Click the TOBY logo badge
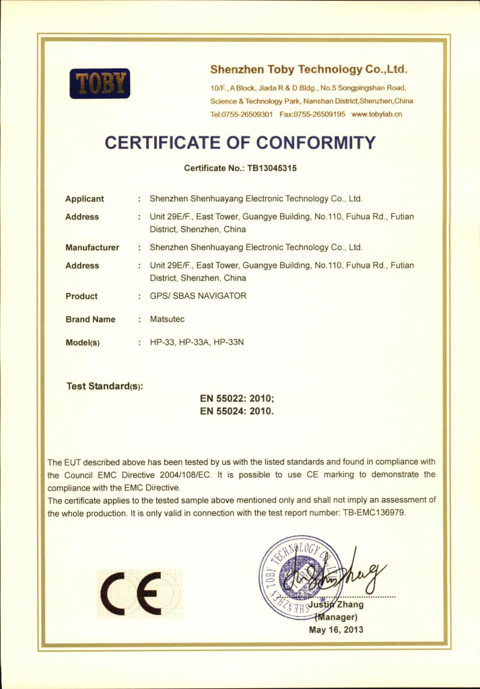pyautogui.click(x=100, y=83)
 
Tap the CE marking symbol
pyautogui.click(x=131, y=594)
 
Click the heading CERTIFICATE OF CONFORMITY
pyautogui.click(x=240, y=143)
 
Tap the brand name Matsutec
pyautogui.click(x=166, y=320)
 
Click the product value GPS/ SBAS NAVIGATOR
pyautogui.click(x=198, y=296)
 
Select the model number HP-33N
pyautogui.click(x=228, y=342)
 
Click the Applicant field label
pyautogui.click(x=85, y=199)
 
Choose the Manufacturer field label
pyautogui.click(x=92, y=248)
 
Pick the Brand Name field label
pyautogui.click(x=90, y=320)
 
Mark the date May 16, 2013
pyautogui.click(x=336, y=630)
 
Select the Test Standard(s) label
pyautogui.click(x=104, y=387)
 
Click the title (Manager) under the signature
pyautogui.click(x=336, y=617)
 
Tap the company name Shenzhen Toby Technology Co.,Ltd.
pyautogui.click(x=309, y=69)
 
